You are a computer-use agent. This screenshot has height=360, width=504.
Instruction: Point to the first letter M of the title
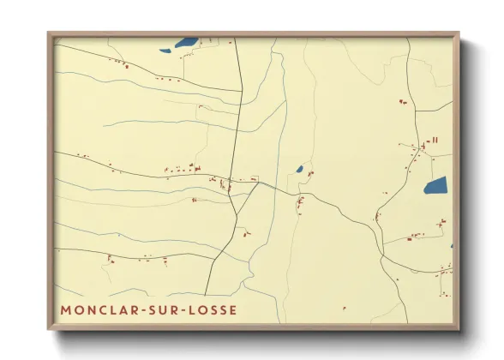[66, 309]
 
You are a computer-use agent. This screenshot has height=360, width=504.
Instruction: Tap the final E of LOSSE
[233, 309]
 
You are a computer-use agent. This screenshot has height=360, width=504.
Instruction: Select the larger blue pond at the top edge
[186, 41]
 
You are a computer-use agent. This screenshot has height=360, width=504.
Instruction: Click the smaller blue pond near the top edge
[165, 51]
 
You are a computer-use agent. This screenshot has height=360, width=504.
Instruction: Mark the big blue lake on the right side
[435, 185]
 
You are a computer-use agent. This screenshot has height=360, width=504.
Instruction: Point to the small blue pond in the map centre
[299, 169]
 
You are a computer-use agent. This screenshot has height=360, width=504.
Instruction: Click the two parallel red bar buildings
[435, 140]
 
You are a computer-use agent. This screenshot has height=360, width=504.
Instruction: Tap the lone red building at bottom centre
[344, 309]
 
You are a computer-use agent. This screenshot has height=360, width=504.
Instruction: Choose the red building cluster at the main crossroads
[228, 183]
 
